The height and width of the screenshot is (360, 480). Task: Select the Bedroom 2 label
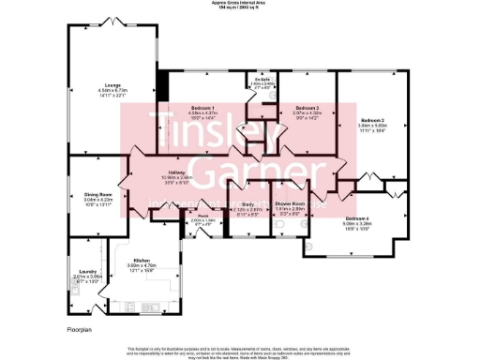373,120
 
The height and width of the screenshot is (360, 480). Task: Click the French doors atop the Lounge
112,21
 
